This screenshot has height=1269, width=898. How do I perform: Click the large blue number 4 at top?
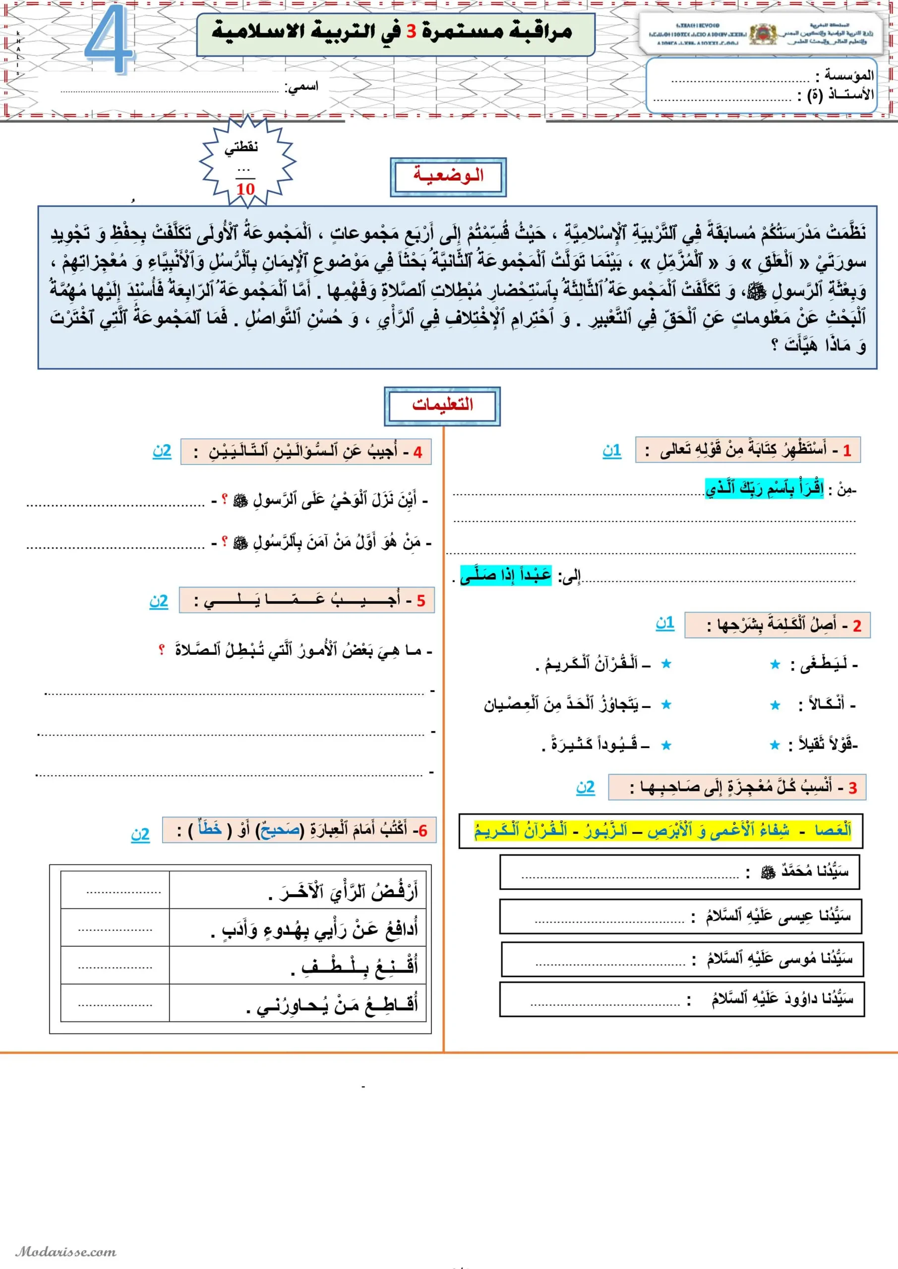[x=109, y=40]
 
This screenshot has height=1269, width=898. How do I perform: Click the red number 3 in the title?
[x=411, y=32]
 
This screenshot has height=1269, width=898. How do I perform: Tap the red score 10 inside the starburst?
[x=245, y=189]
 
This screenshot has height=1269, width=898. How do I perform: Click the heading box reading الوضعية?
[x=448, y=177]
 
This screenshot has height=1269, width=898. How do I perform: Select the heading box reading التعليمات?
[x=442, y=405]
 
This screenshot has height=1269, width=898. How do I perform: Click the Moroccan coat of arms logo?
[x=764, y=35]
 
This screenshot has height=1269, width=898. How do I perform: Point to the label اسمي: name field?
[x=302, y=87]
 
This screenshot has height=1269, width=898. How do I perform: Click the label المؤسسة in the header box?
[x=848, y=75]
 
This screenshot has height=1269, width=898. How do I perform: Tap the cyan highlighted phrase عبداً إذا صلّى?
[x=506, y=575]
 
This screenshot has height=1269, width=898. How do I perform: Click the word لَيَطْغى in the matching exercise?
[x=825, y=664]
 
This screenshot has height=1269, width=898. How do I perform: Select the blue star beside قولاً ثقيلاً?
[x=775, y=745]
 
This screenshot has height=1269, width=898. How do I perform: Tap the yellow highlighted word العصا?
[x=832, y=830]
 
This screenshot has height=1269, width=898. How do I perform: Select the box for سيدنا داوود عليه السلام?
[x=681, y=999]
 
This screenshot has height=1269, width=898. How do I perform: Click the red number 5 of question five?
[x=421, y=601]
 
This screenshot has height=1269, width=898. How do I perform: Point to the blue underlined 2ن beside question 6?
[x=140, y=833]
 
